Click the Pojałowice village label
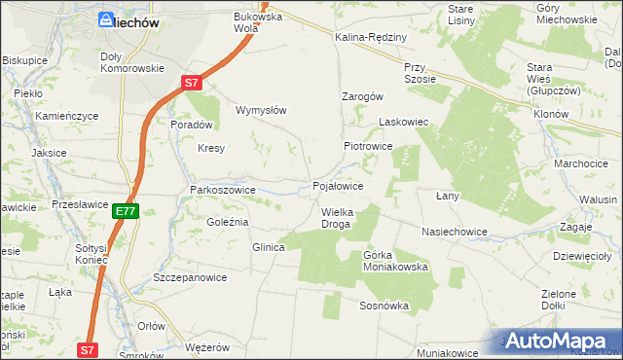[x=338, y=185]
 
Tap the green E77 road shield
[x=125, y=210]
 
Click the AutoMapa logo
[x=560, y=341]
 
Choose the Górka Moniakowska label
[x=395, y=261]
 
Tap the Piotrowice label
[x=367, y=146]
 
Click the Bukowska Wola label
[x=257, y=22]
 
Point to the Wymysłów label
[x=261, y=110]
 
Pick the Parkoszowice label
[x=222, y=190]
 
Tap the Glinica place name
[x=268, y=247]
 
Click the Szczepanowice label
[x=190, y=277]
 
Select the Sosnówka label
[x=383, y=306]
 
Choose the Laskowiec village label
[x=403, y=123]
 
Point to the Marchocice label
[x=581, y=163]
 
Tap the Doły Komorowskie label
[x=131, y=62]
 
